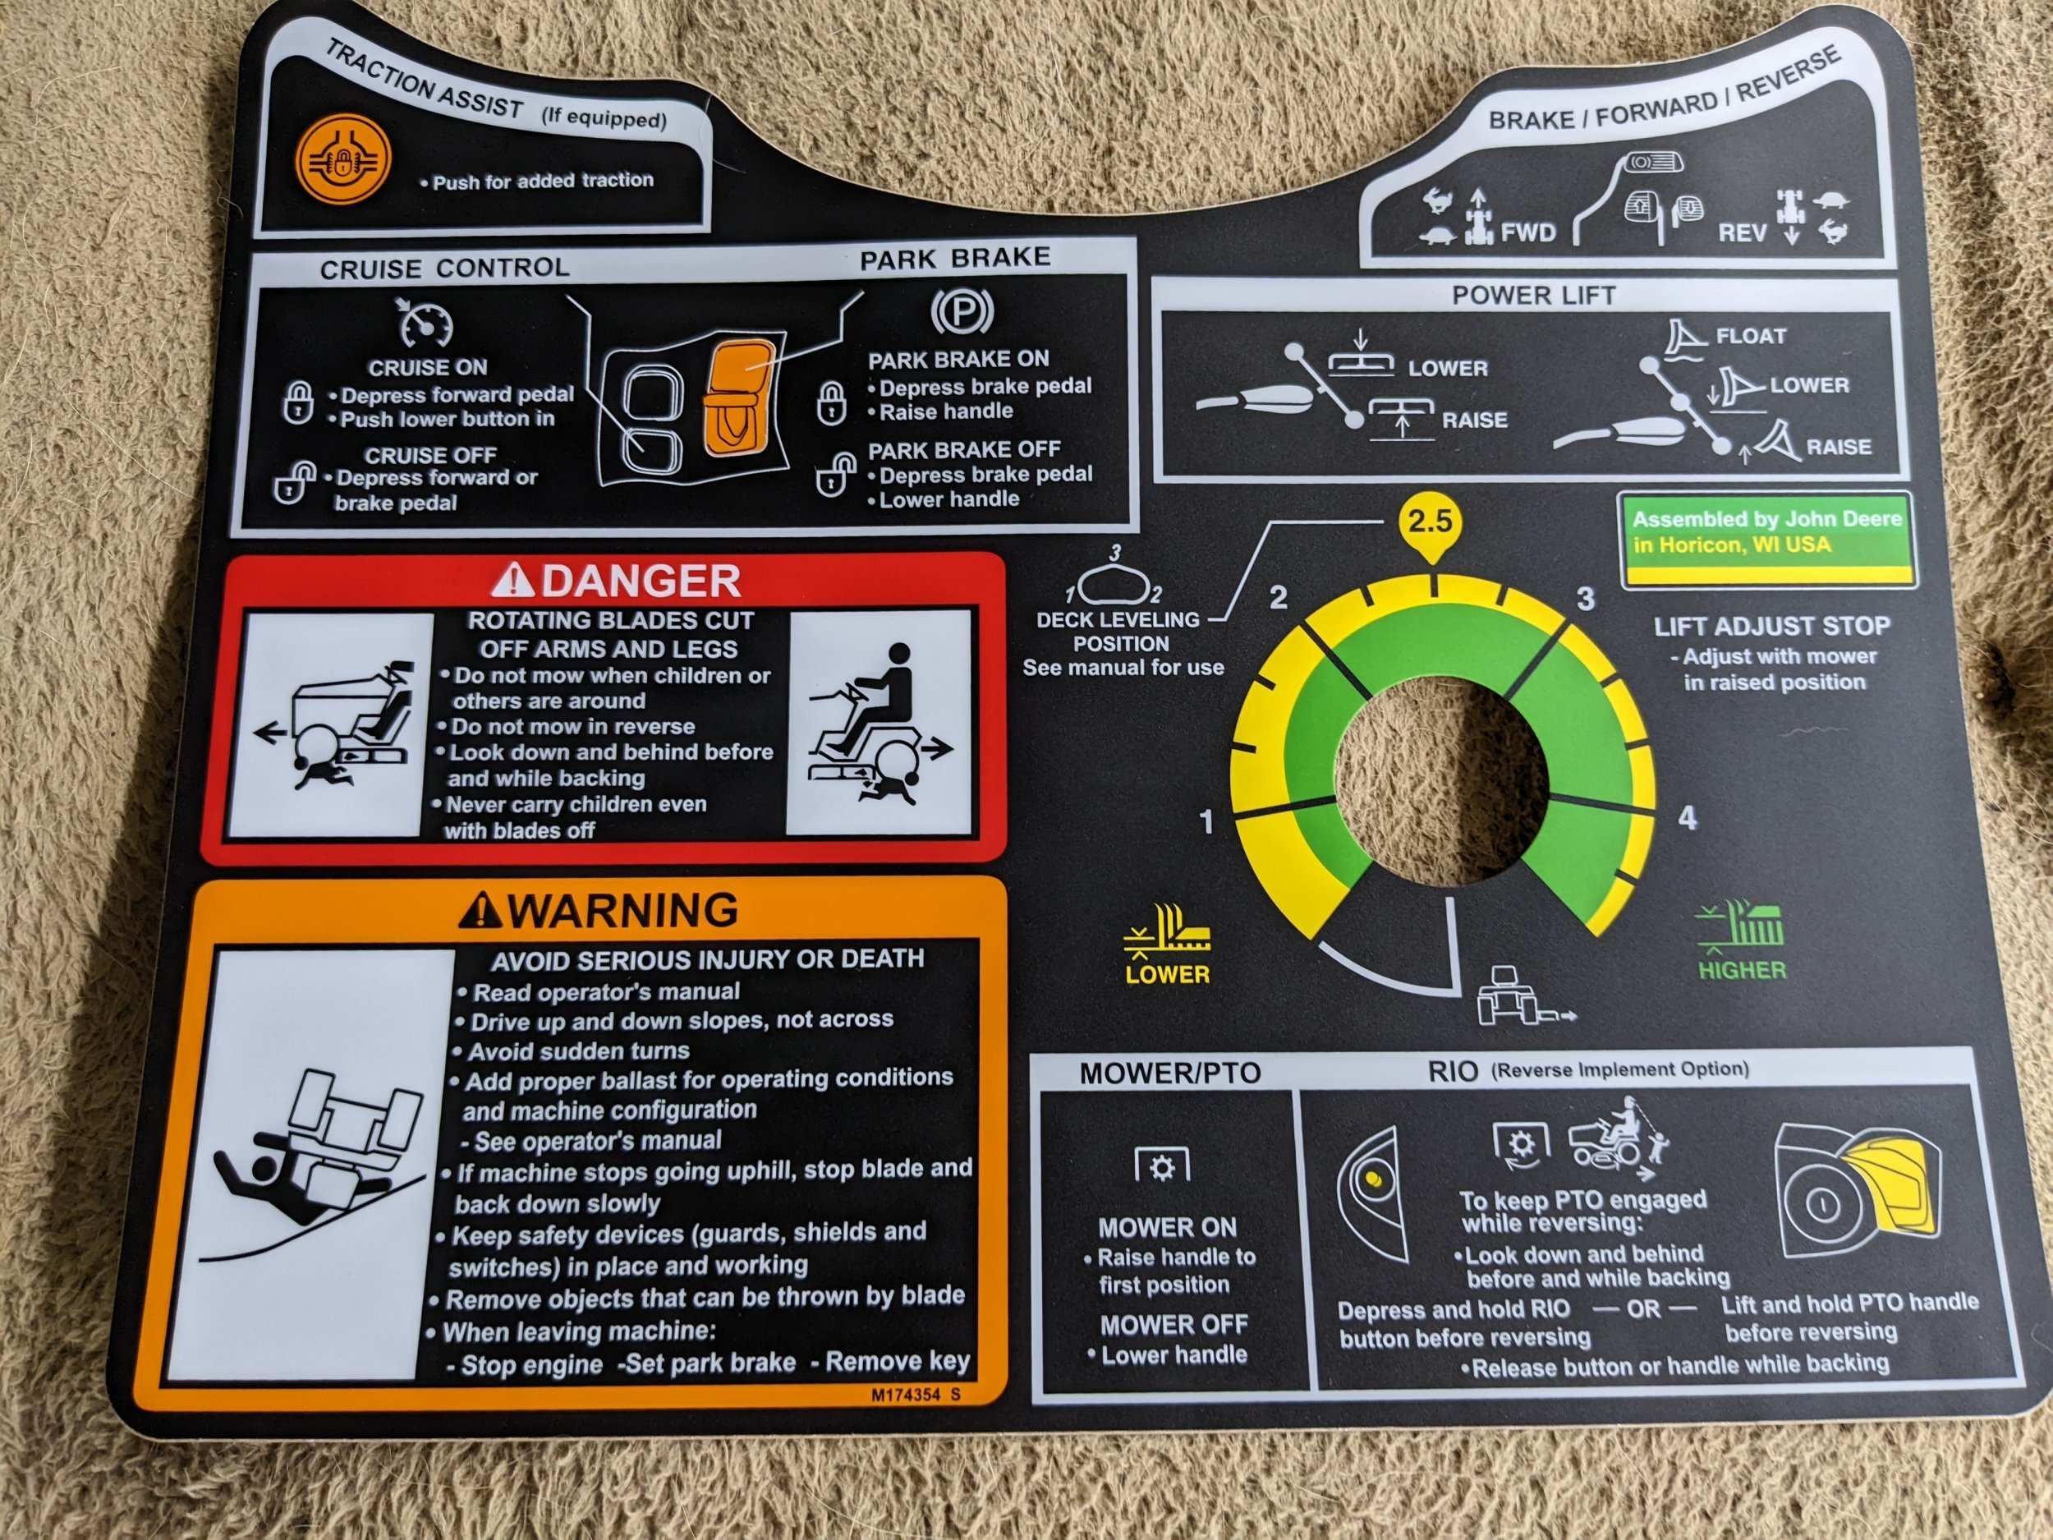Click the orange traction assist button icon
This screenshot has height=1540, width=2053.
pos(342,164)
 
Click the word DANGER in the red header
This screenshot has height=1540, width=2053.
pos(641,582)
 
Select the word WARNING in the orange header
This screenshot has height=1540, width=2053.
pos(623,910)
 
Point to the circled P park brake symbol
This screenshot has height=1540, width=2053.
pos(962,312)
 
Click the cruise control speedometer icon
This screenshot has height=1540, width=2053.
pos(425,323)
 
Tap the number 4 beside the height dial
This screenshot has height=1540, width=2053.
pos(1688,818)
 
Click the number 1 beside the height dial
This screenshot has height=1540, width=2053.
pos(1206,821)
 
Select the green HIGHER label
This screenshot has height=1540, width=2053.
pos(1742,971)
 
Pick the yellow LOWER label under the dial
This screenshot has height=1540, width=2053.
pos(1168,975)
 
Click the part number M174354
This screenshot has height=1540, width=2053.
pos(904,1395)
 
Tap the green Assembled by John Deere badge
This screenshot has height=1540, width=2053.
pos(1768,540)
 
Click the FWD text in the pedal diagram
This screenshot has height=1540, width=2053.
pos(1527,232)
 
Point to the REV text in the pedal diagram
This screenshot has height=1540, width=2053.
pos(1742,232)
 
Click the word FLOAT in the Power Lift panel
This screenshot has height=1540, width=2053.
pos(1751,336)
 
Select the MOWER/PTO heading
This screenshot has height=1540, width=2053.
pos(1169,1074)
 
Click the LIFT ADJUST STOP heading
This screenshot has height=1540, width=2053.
pos(1772,627)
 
